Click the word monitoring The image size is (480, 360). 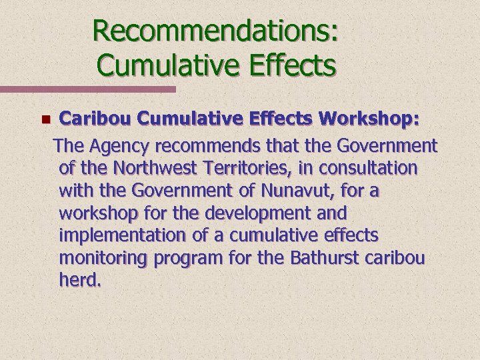pyautogui.click(x=103, y=259)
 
